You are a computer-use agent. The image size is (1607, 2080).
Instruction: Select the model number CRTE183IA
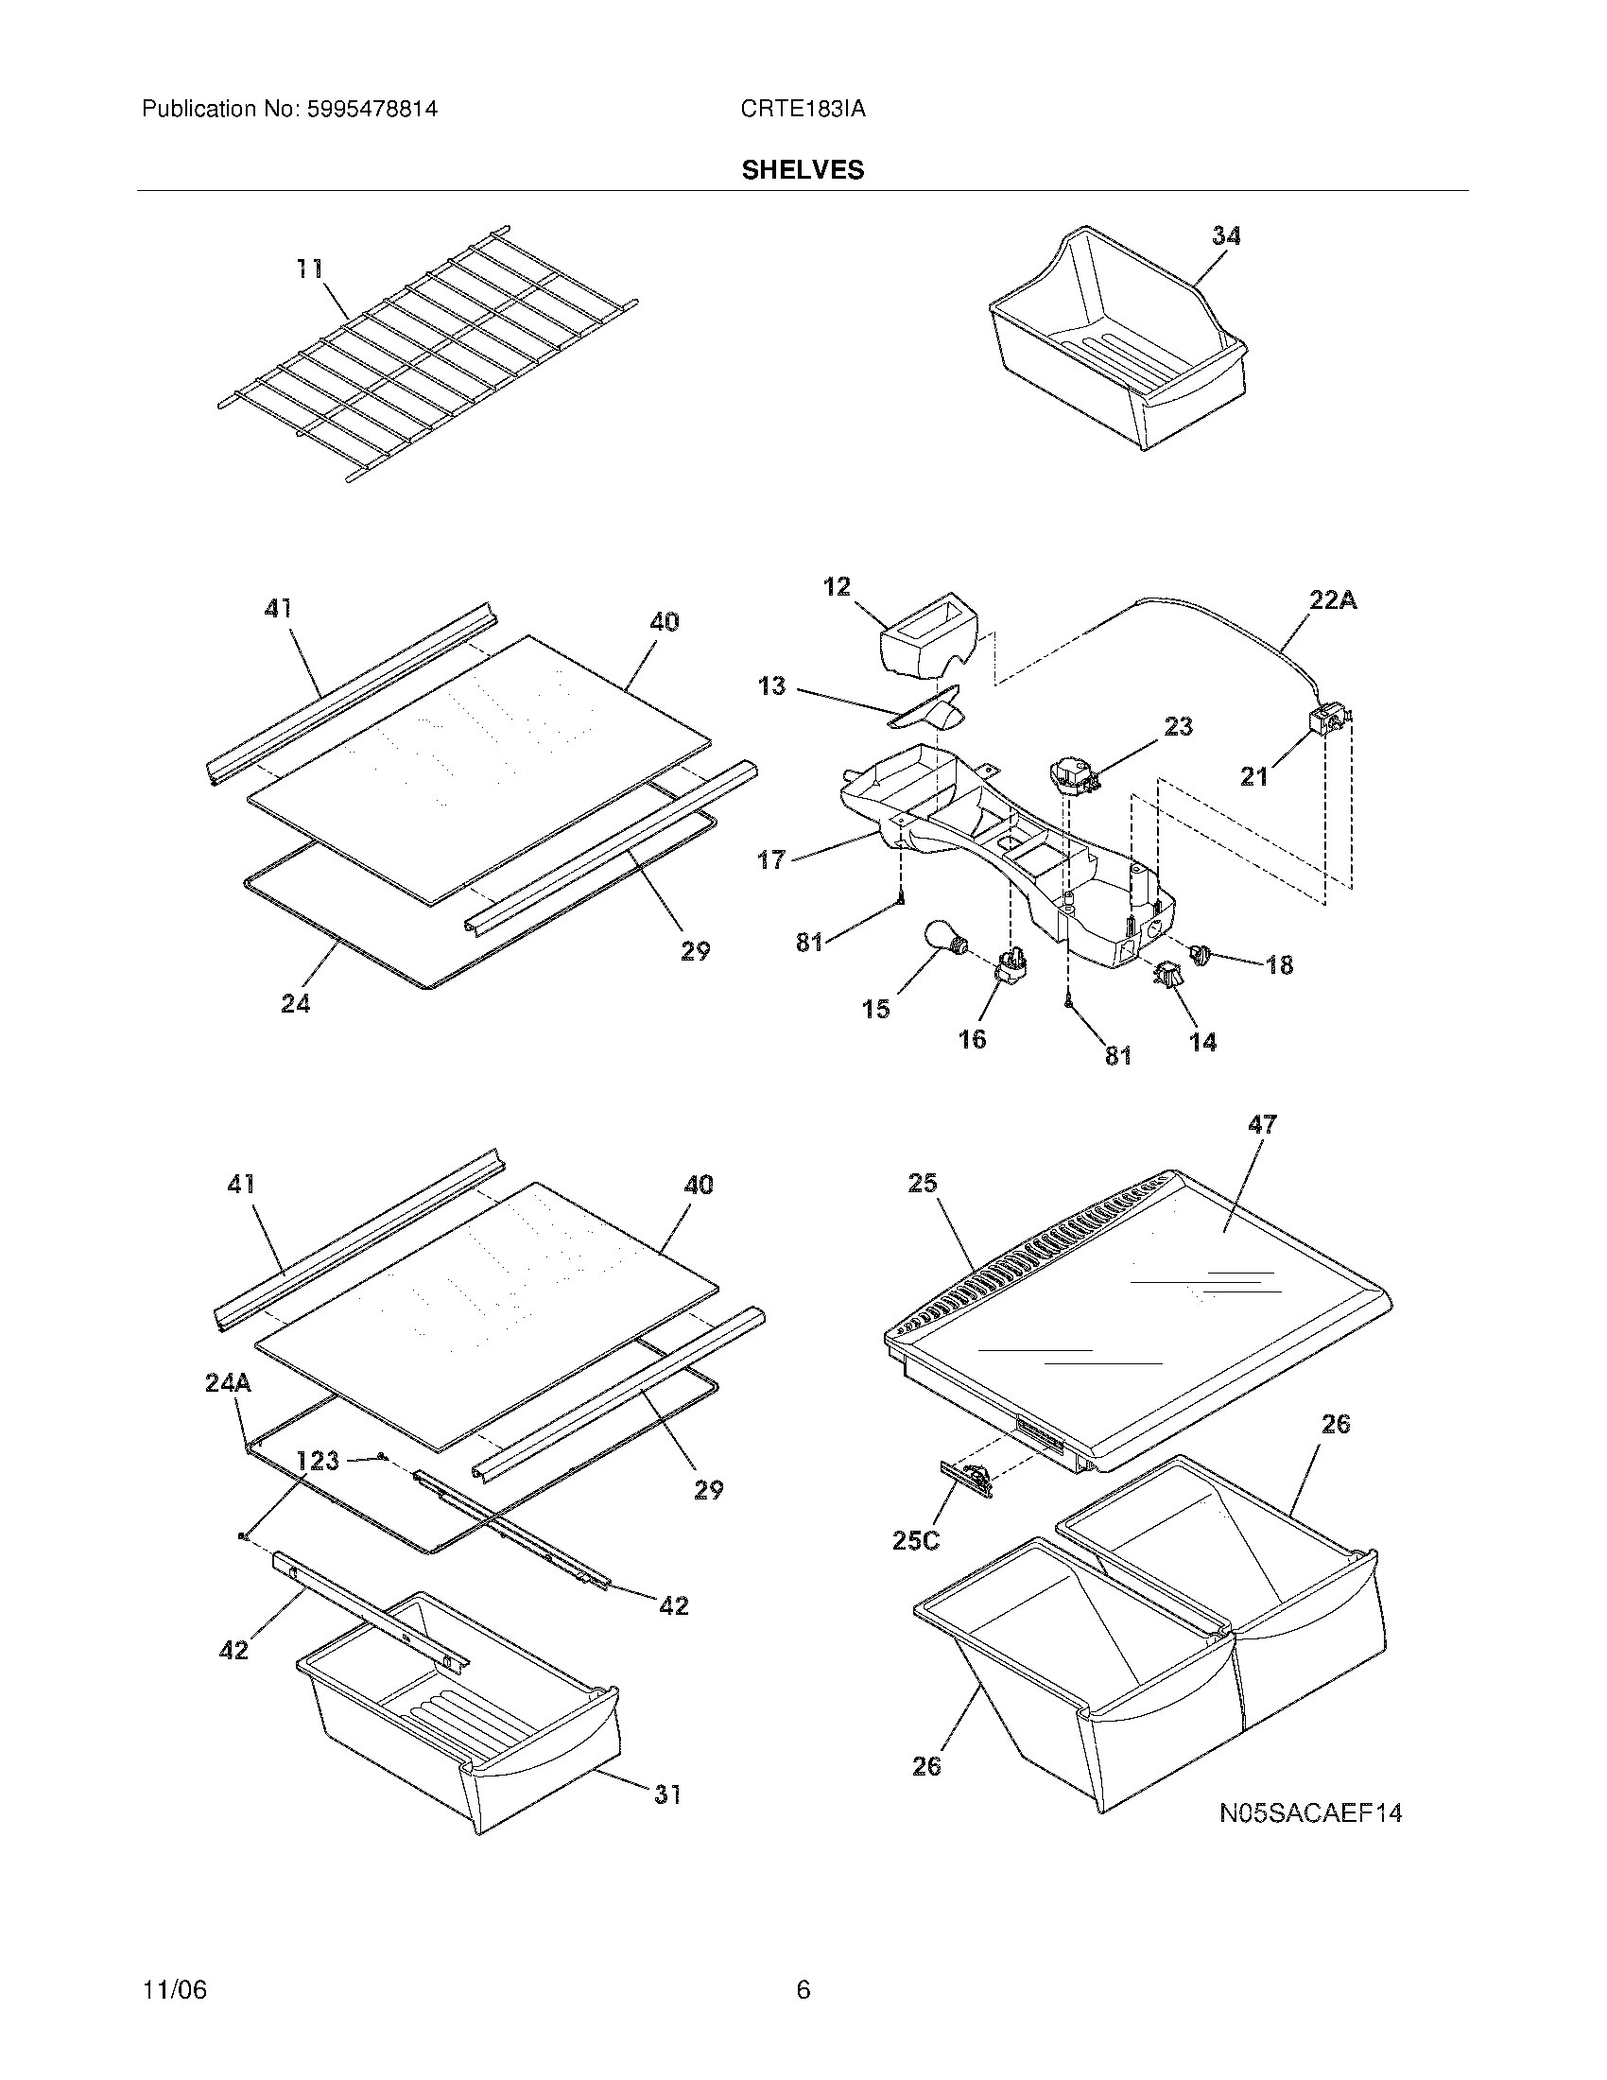pyautogui.click(x=803, y=110)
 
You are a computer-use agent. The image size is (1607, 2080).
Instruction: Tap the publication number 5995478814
pyautogui.click(x=372, y=110)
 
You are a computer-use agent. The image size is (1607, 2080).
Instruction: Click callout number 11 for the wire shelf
pyautogui.click(x=309, y=269)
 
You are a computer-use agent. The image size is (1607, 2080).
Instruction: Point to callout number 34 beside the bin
pyautogui.click(x=1226, y=236)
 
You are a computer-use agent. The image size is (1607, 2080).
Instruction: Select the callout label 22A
pyautogui.click(x=1333, y=601)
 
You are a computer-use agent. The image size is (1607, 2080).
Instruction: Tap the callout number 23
pyautogui.click(x=1178, y=727)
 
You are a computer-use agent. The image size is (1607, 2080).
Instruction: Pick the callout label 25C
pyautogui.click(x=916, y=1540)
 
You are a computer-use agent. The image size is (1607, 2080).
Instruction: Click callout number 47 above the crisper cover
pyautogui.click(x=1262, y=1124)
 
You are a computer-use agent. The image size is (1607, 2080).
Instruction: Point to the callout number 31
pyautogui.click(x=667, y=1794)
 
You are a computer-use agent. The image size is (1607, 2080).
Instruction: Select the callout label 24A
pyautogui.click(x=229, y=1383)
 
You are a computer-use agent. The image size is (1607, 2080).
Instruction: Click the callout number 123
pyautogui.click(x=317, y=1461)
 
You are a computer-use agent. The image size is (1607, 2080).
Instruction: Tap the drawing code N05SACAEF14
pyautogui.click(x=1311, y=1813)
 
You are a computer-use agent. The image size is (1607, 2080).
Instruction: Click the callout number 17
pyautogui.click(x=770, y=860)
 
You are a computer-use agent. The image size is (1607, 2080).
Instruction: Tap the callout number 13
pyautogui.click(x=771, y=685)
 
